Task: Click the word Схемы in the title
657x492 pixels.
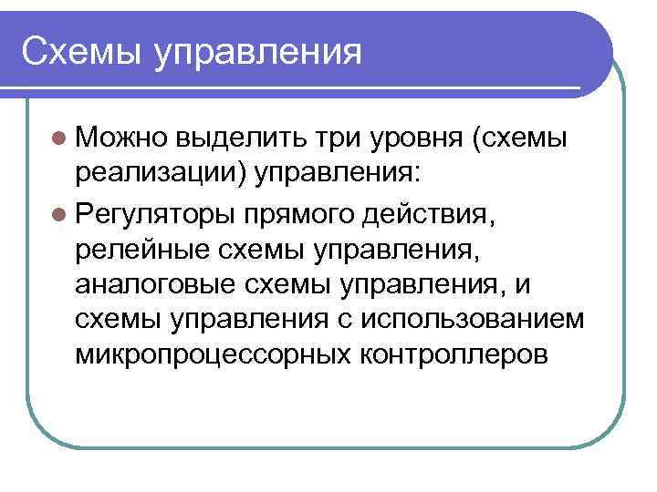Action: click(x=80, y=50)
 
